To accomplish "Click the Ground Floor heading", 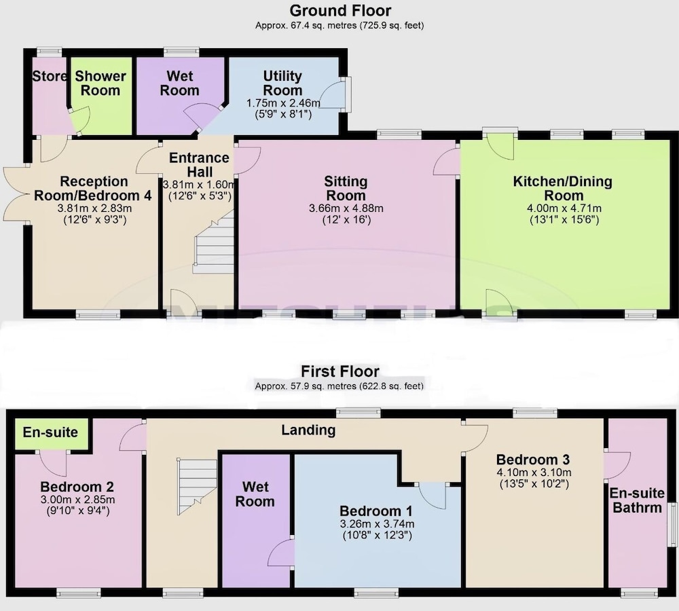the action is point(340,10).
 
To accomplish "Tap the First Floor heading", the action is point(340,371).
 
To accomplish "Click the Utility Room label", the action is point(282,83).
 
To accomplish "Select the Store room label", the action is point(50,76).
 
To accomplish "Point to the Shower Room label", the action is point(100,83).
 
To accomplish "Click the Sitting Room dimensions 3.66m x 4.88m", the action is point(346,208).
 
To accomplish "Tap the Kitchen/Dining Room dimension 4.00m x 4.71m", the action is point(564,208).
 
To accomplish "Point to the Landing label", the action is point(308,430).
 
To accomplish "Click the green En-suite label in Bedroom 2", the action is point(50,432).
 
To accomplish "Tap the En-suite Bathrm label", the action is point(637,500).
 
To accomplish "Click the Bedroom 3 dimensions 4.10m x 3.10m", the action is point(534,473).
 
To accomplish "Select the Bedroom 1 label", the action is point(376,511).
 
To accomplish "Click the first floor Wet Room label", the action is point(255,494).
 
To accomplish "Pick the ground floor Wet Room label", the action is point(180,83).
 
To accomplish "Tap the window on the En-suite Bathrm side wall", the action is point(673,524).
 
